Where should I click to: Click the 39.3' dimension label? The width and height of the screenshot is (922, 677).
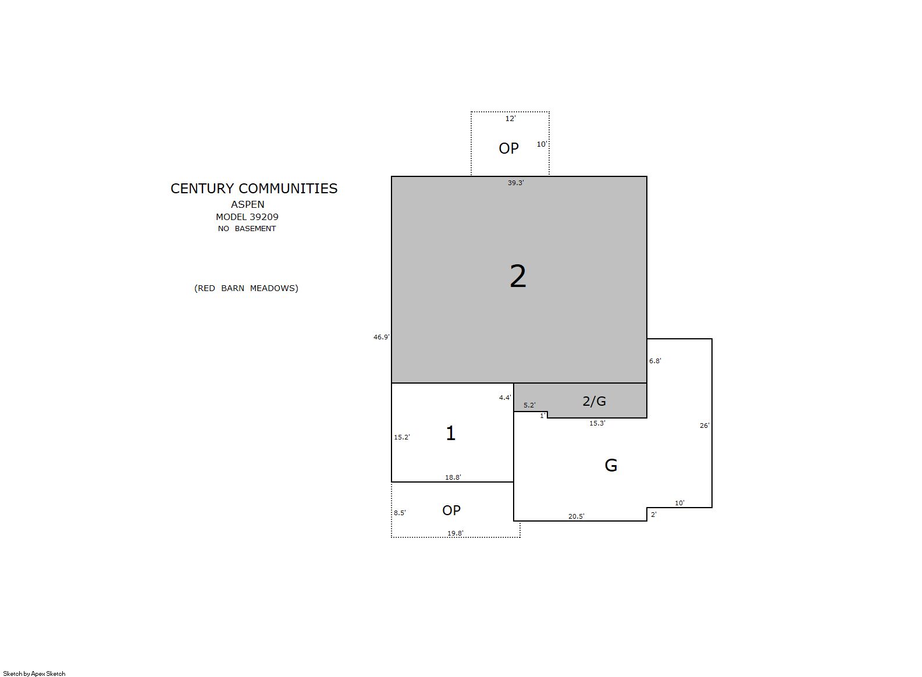click(515, 183)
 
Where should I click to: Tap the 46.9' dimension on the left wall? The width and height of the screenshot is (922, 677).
click(381, 337)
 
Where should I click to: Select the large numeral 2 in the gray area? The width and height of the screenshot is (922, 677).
click(518, 277)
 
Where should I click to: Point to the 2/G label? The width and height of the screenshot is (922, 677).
click(594, 401)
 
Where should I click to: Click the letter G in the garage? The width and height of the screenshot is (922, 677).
click(611, 466)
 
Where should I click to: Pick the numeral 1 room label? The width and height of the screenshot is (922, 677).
click(451, 433)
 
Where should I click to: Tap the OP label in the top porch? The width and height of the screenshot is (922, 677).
click(509, 148)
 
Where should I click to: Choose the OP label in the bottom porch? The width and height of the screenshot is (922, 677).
click(451, 511)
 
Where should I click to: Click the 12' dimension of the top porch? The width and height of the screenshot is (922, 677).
click(510, 119)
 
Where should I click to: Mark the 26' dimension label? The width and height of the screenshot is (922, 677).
click(704, 426)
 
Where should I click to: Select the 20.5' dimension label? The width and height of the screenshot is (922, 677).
click(576, 516)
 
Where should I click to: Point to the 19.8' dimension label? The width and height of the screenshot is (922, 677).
click(455, 533)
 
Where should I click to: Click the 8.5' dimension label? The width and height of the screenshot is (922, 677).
click(400, 513)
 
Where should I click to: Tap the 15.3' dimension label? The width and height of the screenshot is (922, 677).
click(597, 423)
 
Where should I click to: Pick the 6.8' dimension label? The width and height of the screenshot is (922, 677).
click(655, 361)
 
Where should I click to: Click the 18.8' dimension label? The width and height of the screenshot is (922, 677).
click(453, 478)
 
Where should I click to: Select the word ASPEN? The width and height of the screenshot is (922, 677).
click(248, 205)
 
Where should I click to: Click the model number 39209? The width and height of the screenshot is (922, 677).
click(264, 217)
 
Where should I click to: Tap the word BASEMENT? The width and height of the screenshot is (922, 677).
click(255, 229)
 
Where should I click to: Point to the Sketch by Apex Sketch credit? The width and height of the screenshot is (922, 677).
click(34, 674)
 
